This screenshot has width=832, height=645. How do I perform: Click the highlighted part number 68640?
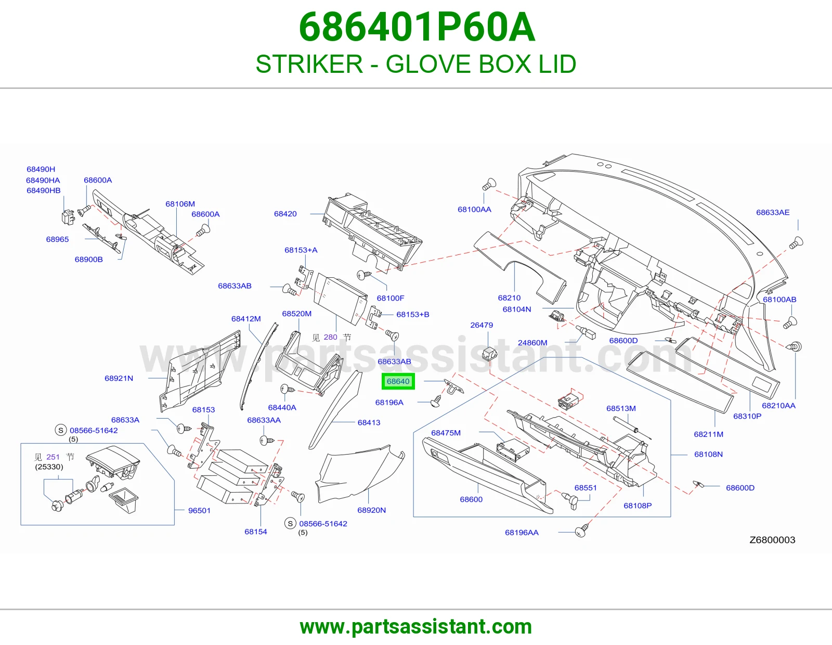coord(398,381)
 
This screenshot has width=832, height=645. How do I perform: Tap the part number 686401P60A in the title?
coord(417,27)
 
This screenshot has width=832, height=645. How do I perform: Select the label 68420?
coord(285,214)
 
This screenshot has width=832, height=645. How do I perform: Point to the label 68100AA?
coord(474,209)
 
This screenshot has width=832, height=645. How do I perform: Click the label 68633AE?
coord(773,212)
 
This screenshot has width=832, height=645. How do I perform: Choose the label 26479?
coord(482,325)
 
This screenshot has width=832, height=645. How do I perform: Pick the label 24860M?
coord(532,343)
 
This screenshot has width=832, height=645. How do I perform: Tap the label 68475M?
coord(446,433)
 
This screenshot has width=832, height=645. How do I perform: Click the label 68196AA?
coord(522,533)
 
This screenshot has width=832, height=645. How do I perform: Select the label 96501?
coord(199,511)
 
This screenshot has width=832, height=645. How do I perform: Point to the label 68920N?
coord(371,510)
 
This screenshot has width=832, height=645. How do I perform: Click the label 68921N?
coord(119,379)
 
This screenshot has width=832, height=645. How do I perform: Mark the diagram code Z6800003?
coord(772,540)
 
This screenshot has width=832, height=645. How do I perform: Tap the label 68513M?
coord(621,408)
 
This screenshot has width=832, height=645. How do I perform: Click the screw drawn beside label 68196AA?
coord(581,531)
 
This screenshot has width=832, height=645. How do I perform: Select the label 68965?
coord(57,239)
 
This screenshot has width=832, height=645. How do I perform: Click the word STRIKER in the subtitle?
coord(309,64)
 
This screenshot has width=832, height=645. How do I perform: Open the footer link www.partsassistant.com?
coord(416,627)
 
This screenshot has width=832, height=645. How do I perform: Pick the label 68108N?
coord(708,454)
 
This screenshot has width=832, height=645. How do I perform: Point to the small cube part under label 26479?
coord(489,354)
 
